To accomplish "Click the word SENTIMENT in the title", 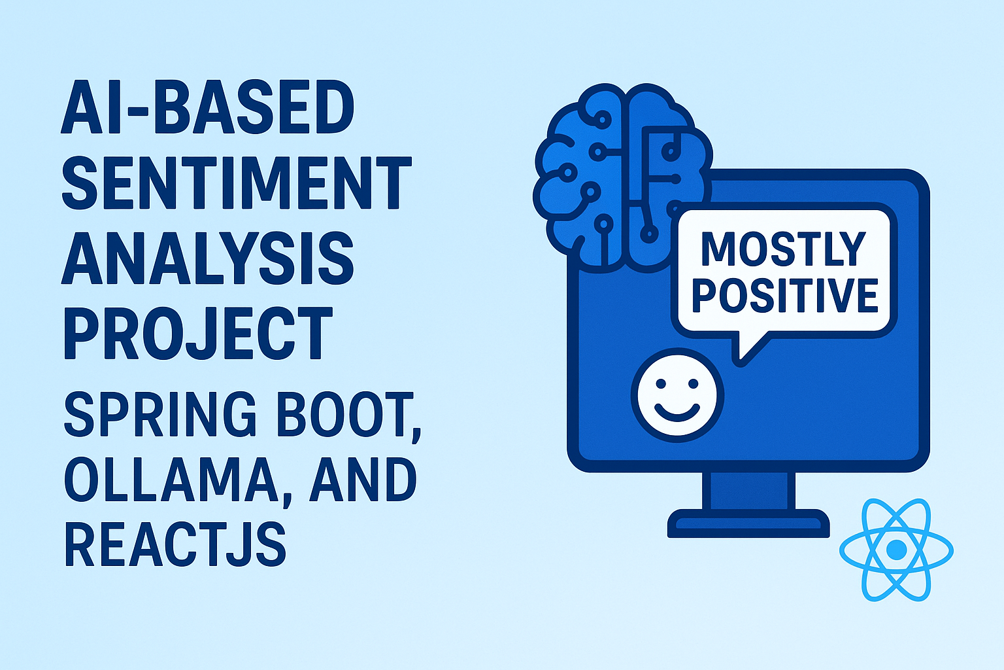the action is point(236,183).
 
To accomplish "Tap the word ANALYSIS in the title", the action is point(207,258).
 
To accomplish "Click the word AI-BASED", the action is point(207,107).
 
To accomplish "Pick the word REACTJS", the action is point(175,544).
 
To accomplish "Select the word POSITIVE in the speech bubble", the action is point(785,295).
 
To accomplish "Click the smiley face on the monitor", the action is point(677,395).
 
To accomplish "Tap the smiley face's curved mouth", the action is point(677,414).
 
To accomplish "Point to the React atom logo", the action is point(896,550).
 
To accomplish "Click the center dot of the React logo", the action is point(896,549).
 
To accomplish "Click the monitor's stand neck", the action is point(748,490).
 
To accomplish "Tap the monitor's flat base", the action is point(748,523).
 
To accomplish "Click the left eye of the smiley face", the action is point(661,383).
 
